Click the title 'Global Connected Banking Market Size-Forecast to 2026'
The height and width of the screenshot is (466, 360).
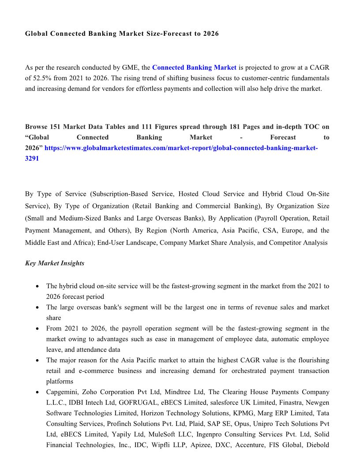point(122,34)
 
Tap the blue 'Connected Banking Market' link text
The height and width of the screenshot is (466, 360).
point(194,68)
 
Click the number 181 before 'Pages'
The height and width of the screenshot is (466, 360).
point(235,127)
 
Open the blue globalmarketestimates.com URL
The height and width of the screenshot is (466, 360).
point(181,148)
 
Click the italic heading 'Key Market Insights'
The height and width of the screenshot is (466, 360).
point(55,263)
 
